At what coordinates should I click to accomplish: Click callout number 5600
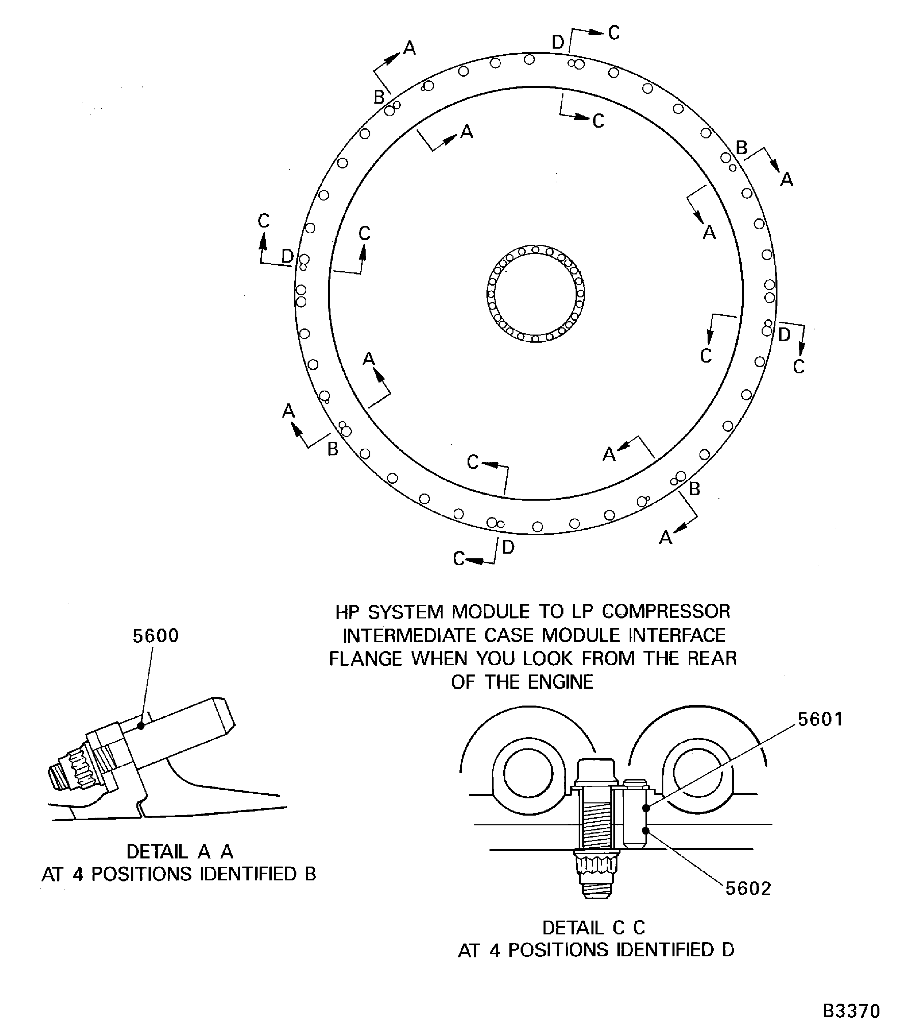[x=156, y=636]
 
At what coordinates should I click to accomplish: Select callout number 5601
[x=820, y=719]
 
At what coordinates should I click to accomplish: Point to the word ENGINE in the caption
[x=560, y=682]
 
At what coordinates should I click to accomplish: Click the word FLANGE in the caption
[x=366, y=658]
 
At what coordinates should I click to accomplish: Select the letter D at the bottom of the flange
[x=508, y=547]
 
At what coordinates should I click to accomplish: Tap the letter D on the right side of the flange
[x=784, y=334]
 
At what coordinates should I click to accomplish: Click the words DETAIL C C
[x=593, y=928]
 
